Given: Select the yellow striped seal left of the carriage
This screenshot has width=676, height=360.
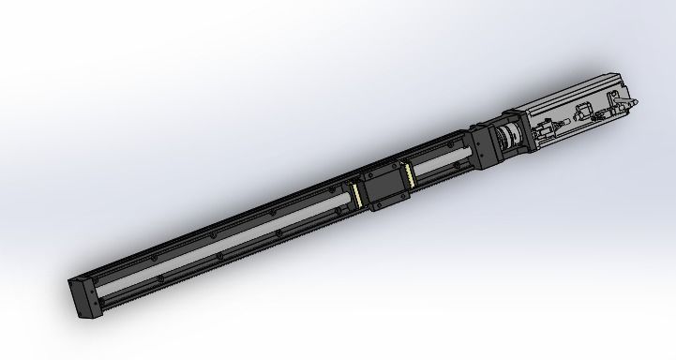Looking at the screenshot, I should click(x=357, y=193).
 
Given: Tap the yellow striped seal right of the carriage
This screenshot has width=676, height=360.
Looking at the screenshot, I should click(x=409, y=172).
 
